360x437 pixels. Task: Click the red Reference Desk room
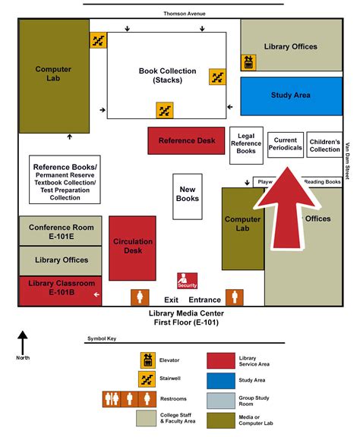pos(187,140)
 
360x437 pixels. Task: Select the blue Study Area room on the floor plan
pos(291,96)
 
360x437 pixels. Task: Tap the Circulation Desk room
pos(133,247)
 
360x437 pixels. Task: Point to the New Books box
pos(188,193)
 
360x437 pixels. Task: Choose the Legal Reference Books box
pos(245,144)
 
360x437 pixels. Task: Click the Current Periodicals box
pos(286,144)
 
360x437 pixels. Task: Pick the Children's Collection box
pos(325,145)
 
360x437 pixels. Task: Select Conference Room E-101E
pos(61,231)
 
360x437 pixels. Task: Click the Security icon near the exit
pos(187,281)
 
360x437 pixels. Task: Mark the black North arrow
pos(23,341)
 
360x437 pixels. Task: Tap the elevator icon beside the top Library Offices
pos(248,62)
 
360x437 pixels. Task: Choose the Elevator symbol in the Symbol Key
pos(147,360)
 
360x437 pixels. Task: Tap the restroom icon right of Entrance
pos(237,297)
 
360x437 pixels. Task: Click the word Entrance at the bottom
pos(205,300)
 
